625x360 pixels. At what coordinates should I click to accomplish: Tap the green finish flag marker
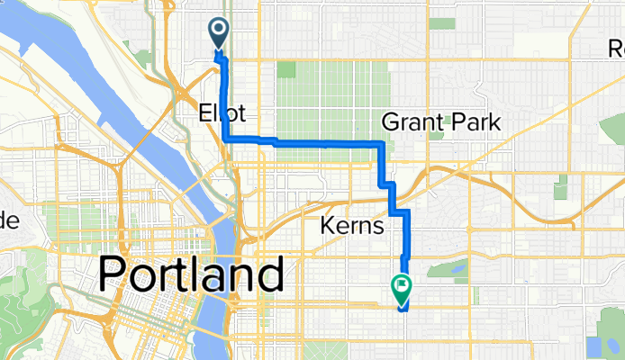click(401, 289)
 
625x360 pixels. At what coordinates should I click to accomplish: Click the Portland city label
click(191, 272)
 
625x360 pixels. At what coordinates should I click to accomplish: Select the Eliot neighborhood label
click(221, 113)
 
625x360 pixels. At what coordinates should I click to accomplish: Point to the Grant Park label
click(430, 121)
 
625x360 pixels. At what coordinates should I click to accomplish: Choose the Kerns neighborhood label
click(349, 226)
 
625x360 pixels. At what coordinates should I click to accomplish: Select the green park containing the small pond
click(444, 274)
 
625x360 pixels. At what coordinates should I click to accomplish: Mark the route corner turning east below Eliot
click(225, 139)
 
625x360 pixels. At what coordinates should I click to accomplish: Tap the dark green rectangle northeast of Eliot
click(285, 69)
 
